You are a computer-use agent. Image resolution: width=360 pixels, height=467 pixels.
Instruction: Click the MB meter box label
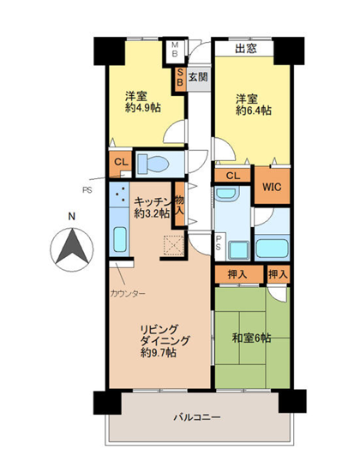[x=175, y=50]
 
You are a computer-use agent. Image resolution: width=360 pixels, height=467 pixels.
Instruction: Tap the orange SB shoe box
[x=180, y=77]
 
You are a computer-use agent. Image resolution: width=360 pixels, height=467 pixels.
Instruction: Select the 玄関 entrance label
[x=198, y=77]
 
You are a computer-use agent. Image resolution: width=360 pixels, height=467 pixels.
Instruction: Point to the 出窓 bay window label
[x=246, y=48]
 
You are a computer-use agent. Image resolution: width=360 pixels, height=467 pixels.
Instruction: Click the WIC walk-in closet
[x=272, y=186]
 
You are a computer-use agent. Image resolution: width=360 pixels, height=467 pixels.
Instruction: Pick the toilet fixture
[x=153, y=164]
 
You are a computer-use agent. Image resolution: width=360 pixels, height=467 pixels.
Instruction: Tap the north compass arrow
[x=72, y=246]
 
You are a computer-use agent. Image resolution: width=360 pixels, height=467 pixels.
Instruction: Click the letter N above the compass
[x=71, y=217]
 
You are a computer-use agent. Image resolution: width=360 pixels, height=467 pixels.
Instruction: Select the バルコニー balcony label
[x=197, y=417]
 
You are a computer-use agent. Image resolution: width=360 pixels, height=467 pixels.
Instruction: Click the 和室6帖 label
[x=251, y=338]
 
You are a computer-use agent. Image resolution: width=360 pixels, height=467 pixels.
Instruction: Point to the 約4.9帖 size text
[x=143, y=107]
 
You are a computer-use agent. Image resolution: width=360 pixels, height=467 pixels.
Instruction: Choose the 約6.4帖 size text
[x=254, y=111]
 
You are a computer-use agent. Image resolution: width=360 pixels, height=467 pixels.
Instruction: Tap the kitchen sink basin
[x=120, y=239]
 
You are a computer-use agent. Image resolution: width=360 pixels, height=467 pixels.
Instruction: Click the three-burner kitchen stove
[x=119, y=195]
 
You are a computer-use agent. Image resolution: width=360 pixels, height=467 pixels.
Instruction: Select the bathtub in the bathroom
[x=272, y=248]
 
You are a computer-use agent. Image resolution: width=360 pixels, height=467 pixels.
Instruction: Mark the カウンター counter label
[x=128, y=294]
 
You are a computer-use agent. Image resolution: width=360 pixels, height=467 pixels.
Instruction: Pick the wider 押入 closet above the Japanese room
[x=238, y=274]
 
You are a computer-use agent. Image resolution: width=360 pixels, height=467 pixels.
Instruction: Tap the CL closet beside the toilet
[x=121, y=162]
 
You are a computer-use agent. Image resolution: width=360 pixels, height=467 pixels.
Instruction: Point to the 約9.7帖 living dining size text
[x=158, y=353]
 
